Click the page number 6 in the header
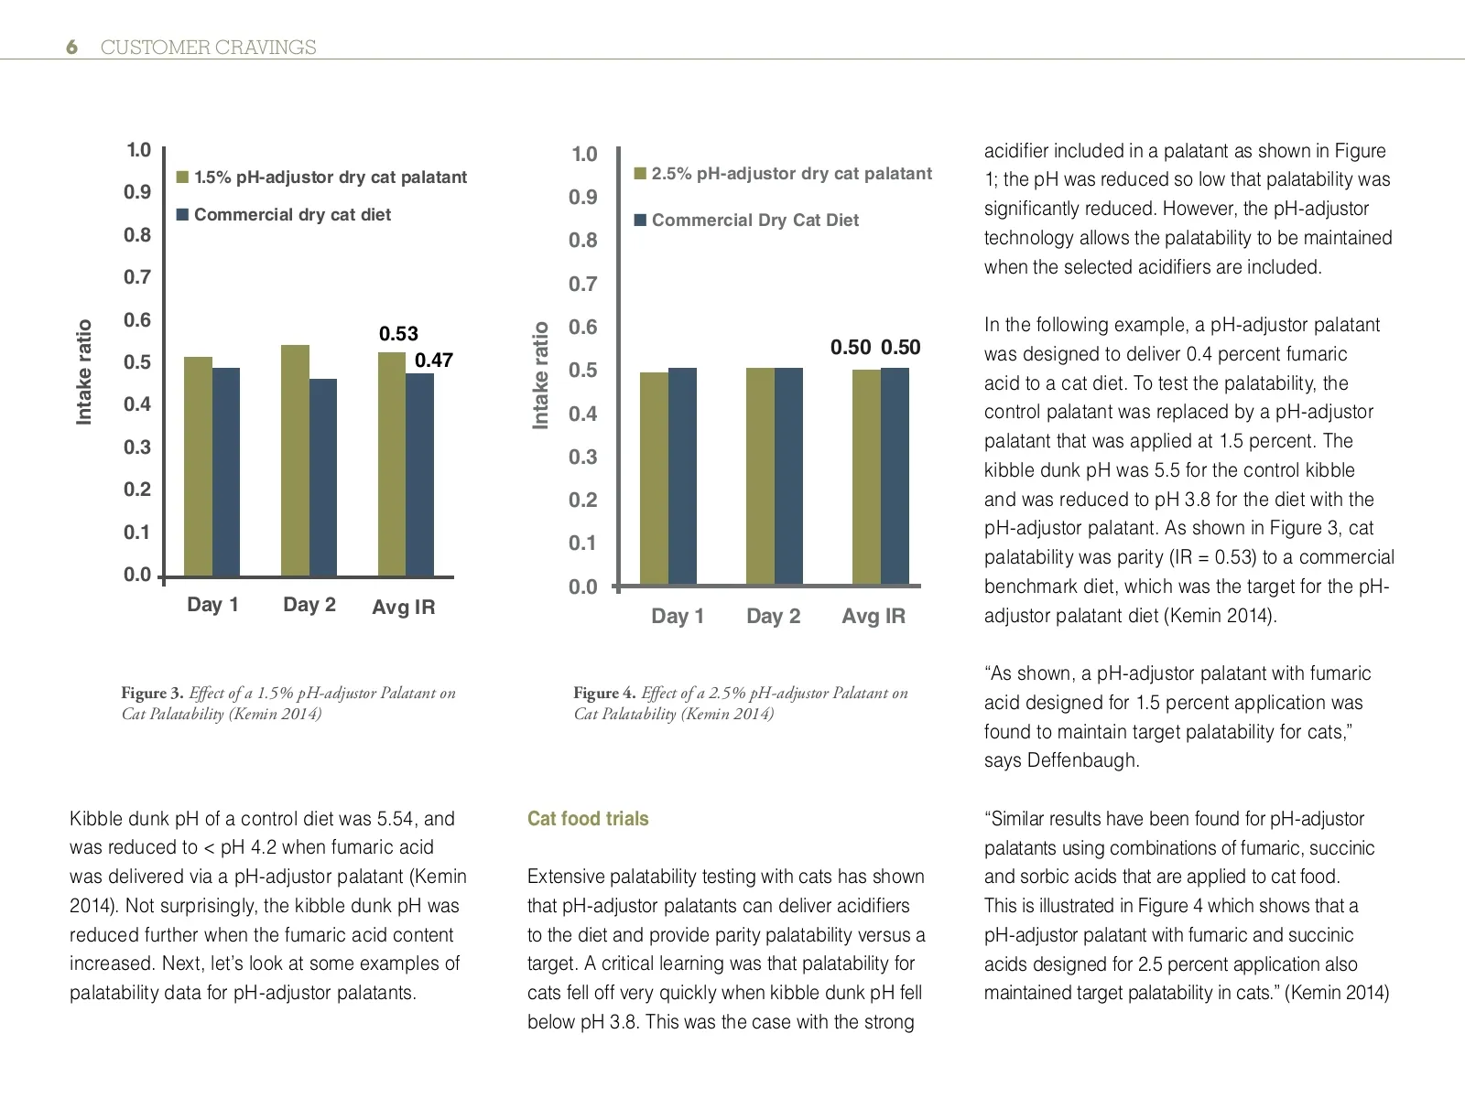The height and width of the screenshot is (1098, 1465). [x=71, y=48]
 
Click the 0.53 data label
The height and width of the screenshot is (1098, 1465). [x=398, y=334]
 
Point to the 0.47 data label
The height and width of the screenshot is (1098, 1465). [x=434, y=361]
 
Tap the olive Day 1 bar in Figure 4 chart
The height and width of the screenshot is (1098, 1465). [x=654, y=478]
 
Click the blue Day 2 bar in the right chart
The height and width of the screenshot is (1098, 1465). [x=788, y=476]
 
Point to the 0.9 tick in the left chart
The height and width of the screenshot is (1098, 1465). [x=137, y=192]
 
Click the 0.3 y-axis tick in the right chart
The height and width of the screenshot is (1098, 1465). [x=582, y=457]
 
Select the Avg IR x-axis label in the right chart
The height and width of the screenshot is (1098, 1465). [x=874, y=617]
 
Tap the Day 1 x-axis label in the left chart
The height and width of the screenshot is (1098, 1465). [x=212, y=605]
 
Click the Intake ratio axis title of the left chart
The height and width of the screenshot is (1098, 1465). [x=84, y=371]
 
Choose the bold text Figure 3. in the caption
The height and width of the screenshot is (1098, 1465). [x=152, y=694]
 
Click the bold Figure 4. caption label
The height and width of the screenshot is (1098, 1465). [x=604, y=694]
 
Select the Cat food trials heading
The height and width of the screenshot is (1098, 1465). [x=588, y=819]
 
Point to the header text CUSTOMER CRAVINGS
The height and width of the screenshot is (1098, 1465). [x=208, y=48]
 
